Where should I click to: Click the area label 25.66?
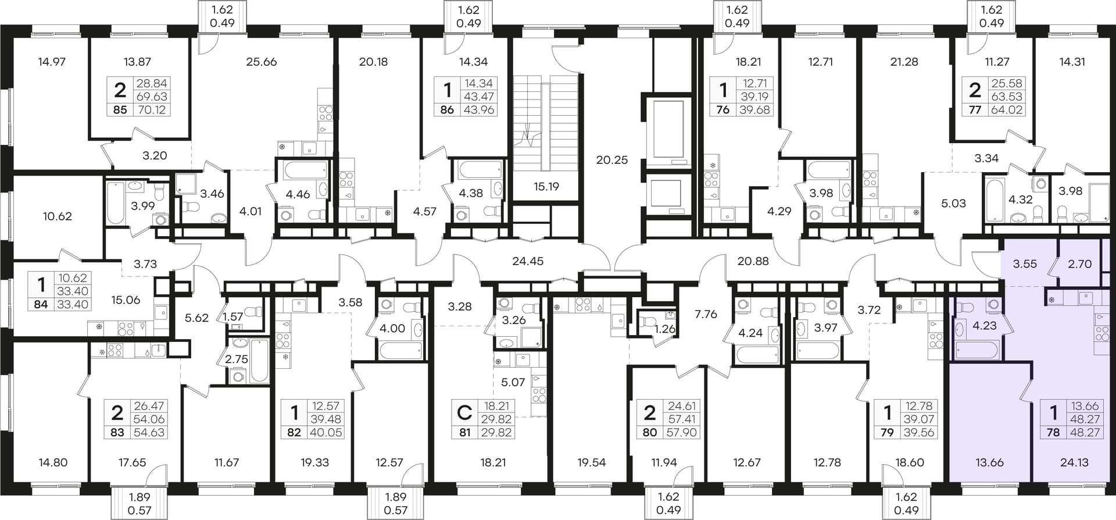pyautogui.click(x=262, y=62)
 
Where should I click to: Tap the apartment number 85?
pyautogui.click(x=120, y=110)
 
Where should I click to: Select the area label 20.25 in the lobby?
pyautogui.click(x=612, y=159)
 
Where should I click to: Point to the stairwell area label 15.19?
pyautogui.click(x=546, y=187)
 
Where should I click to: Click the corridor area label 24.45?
pyautogui.click(x=528, y=261)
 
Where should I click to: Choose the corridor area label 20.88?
pyautogui.click(x=753, y=261)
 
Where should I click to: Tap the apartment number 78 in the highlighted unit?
pyautogui.click(x=1053, y=433)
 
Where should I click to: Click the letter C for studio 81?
pyautogui.click(x=464, y=413)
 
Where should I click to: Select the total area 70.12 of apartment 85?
pyautogui.click(x=151, y=110)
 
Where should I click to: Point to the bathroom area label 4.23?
pyautogui.click(x=985, y=326)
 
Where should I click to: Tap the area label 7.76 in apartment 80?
pyautogui.click(x=706, y=314)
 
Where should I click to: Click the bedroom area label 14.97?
pyautogui.click(x=52, y=62)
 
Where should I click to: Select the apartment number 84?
pyautogui.click(x=41, y=304)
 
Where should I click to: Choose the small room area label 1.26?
pyautogui.click(x=665, y=329)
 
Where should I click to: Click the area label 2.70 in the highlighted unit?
pyautogui.click(x=1080, y=264)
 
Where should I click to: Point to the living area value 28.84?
pyautogui.click(x=151, y=84)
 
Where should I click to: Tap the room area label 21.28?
pyautogui.click(x=904, y=62)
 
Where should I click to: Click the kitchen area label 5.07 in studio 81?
pyautogui.click(x=513, y=383)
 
